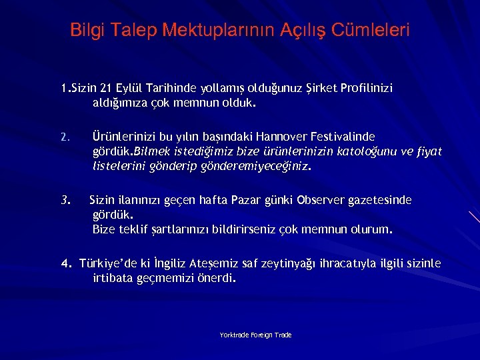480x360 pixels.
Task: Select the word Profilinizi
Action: pyautogui.click(x=367, y=88)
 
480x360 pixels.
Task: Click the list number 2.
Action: pyautogui.click(x=64, y=138)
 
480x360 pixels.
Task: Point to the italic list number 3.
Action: pyautogui.click(x=65, y=200)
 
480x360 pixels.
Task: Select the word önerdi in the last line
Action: pyautogui.click(x=217, y=279)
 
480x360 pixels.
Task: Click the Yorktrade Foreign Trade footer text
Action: pyautogui.click(x=255, y=335)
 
